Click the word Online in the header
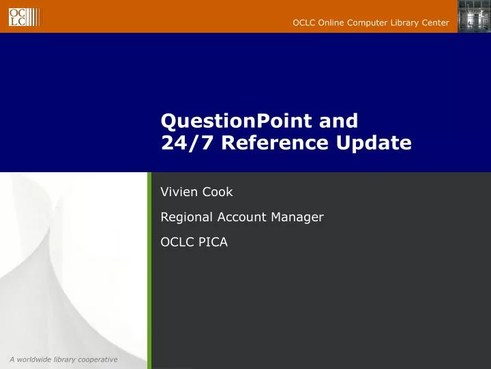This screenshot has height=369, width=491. [332, 23]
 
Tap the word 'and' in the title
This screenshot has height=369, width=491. [338, 121]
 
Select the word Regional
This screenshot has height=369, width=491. [186, 217]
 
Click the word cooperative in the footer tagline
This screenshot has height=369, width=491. [97, 359]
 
